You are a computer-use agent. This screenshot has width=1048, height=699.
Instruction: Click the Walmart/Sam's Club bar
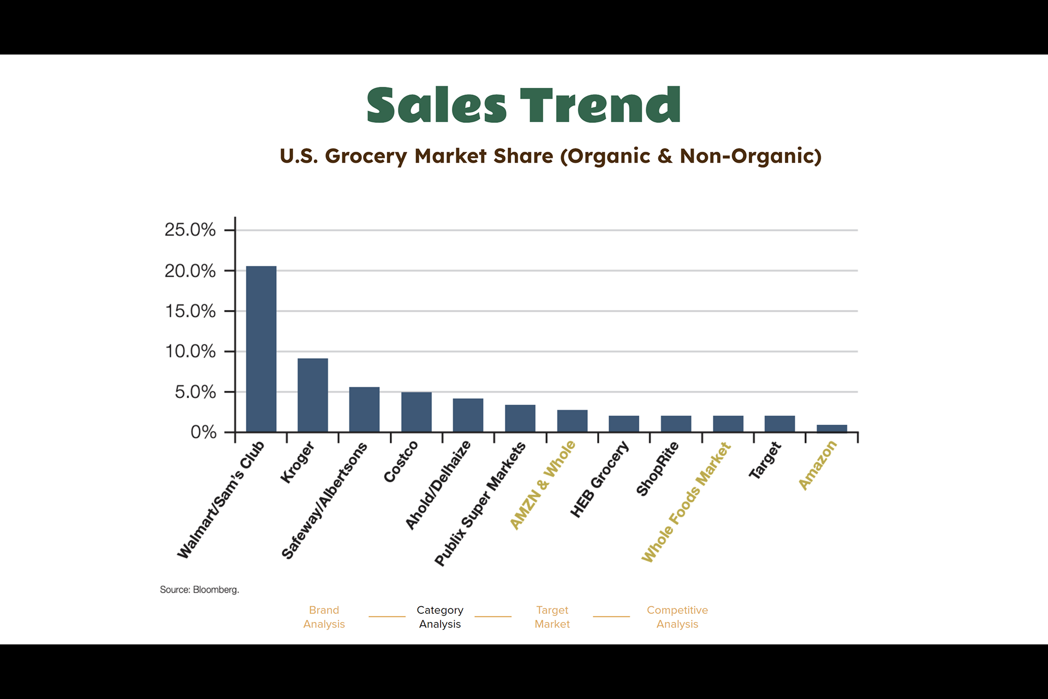261,349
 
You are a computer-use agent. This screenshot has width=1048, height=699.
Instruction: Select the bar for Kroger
313,395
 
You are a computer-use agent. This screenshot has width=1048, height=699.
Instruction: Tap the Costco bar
416,412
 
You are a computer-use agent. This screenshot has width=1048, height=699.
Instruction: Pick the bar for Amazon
831,429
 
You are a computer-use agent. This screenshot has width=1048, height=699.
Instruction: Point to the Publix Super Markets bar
520,418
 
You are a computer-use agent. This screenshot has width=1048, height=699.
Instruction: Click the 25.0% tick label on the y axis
190,230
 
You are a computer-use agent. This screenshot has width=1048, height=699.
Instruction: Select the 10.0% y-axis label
190,351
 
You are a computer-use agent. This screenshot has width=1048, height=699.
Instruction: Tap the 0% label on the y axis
203,433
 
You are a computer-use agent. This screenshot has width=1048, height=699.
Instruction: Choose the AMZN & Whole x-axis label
543,485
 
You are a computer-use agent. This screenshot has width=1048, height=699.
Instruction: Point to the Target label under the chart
765,461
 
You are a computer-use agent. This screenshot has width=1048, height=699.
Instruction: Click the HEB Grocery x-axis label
599,479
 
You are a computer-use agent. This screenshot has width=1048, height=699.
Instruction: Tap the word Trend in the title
600,105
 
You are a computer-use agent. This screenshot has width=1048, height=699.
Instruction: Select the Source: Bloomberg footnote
199,590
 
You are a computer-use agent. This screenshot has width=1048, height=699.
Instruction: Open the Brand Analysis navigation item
324,617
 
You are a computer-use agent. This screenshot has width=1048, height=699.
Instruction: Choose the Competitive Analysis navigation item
677,617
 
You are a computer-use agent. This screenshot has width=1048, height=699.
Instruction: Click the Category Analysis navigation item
440,617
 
